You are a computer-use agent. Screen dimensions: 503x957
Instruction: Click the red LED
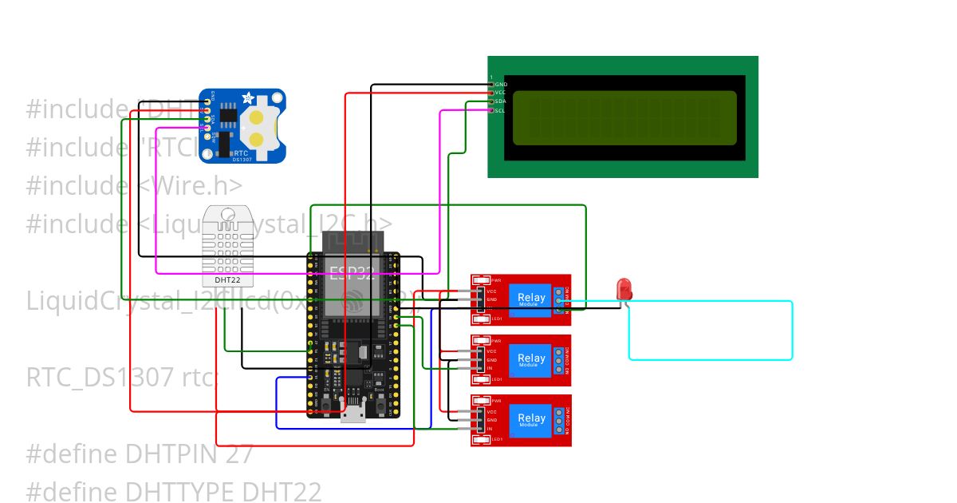click(624, 287)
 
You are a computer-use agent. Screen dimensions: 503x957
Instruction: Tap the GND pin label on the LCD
click(501, 84)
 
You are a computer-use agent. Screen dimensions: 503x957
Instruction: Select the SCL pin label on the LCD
click(500, 110)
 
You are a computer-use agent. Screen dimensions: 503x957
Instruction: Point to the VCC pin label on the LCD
click(500, 93)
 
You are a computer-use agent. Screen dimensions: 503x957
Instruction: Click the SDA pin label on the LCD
click(500, 101)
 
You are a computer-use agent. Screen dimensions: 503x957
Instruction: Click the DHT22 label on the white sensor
click(228, 280)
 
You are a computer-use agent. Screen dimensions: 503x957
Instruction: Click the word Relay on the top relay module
click(532, 298)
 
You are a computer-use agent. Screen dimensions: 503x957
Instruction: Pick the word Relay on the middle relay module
click(532, 358)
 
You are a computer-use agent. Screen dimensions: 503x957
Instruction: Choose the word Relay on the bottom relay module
click(532, 418)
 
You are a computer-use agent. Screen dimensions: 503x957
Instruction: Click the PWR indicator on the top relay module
click(496, 280)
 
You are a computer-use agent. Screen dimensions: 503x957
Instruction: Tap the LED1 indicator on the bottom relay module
click(496, 439)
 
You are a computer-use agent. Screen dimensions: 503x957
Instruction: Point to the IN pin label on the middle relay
click(490, 369)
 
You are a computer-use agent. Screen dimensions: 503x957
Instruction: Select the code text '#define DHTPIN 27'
click(140, 453)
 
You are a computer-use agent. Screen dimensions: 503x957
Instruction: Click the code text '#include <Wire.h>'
click(134, 185)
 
